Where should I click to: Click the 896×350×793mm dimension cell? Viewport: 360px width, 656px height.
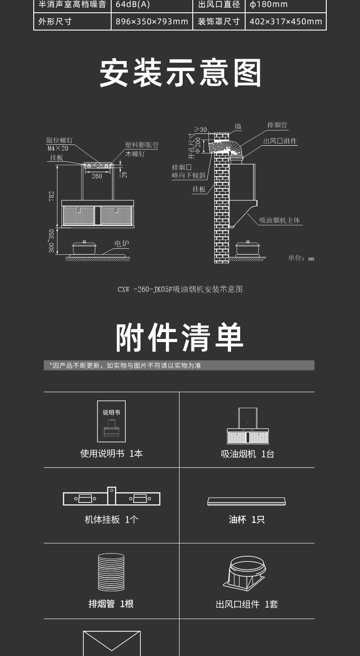(152, 21)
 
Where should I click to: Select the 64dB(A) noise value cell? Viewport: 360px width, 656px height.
(133, 5)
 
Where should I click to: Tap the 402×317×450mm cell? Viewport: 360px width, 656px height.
(286, 21)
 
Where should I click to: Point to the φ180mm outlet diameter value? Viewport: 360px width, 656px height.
(269, 5)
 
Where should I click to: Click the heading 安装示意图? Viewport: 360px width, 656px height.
(180, 73)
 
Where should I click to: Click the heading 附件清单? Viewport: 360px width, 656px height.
(180, 338)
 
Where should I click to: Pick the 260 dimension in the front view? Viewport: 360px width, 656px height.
(97, 176)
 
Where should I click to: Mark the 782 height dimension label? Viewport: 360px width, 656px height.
(51, 196)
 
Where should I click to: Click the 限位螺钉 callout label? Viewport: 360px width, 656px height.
(59, 140)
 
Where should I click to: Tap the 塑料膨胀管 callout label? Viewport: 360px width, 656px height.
(142, 145)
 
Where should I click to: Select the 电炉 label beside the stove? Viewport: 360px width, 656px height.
(122, 244)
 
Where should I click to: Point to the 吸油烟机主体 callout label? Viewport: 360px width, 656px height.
(280, 220)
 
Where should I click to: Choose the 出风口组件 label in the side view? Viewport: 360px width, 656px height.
(280, 141)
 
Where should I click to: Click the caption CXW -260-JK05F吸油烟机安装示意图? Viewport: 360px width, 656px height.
(180, 289)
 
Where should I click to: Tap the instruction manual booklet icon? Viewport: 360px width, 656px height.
(111, 421)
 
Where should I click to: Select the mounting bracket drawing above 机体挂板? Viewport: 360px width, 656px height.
(112, 497)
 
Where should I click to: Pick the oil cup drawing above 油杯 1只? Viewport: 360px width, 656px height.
(247, 501)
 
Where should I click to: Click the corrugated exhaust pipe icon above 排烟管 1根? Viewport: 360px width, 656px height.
(111, 572)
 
